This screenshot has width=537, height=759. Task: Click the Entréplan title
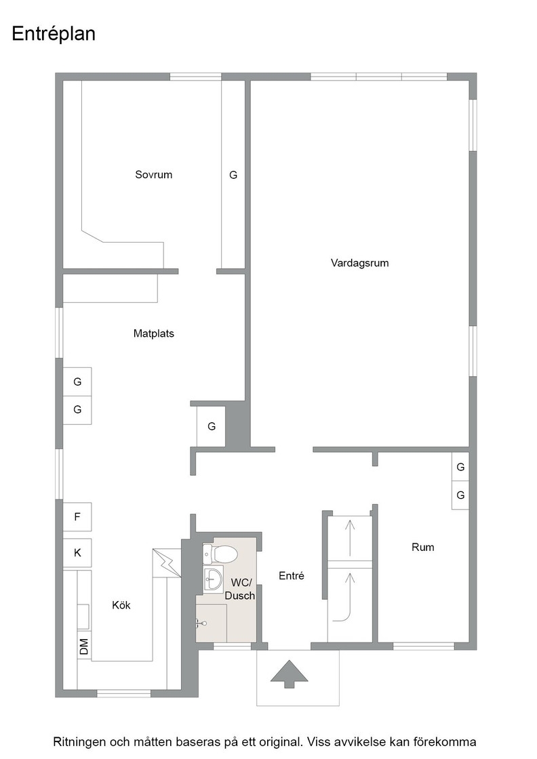click(54, 34)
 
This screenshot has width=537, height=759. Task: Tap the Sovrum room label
click(153, 175)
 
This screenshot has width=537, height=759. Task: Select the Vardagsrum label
click(360, 263)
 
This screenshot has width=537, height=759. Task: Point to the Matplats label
click(153, 333)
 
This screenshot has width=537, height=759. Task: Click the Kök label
click(121, 605)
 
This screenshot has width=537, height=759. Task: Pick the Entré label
click(292, 575)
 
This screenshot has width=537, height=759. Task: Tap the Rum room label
click(422, 547)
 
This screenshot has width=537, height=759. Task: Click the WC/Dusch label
click(241, 589)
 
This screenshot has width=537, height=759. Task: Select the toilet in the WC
click(220, 554)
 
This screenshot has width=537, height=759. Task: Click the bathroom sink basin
click(213, 578)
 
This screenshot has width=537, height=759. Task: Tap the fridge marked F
click(77, 517)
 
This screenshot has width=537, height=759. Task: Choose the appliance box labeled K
click(77, 552)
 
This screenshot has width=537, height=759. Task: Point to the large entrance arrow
click(289, 673)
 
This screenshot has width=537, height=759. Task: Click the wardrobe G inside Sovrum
click(233, 175)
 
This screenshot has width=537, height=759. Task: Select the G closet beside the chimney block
click(211, 426)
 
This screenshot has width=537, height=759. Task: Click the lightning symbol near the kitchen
click(165, 562)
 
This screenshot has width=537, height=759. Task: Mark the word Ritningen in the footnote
click(79, 742)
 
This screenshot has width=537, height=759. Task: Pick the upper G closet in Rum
click(460, 467)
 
